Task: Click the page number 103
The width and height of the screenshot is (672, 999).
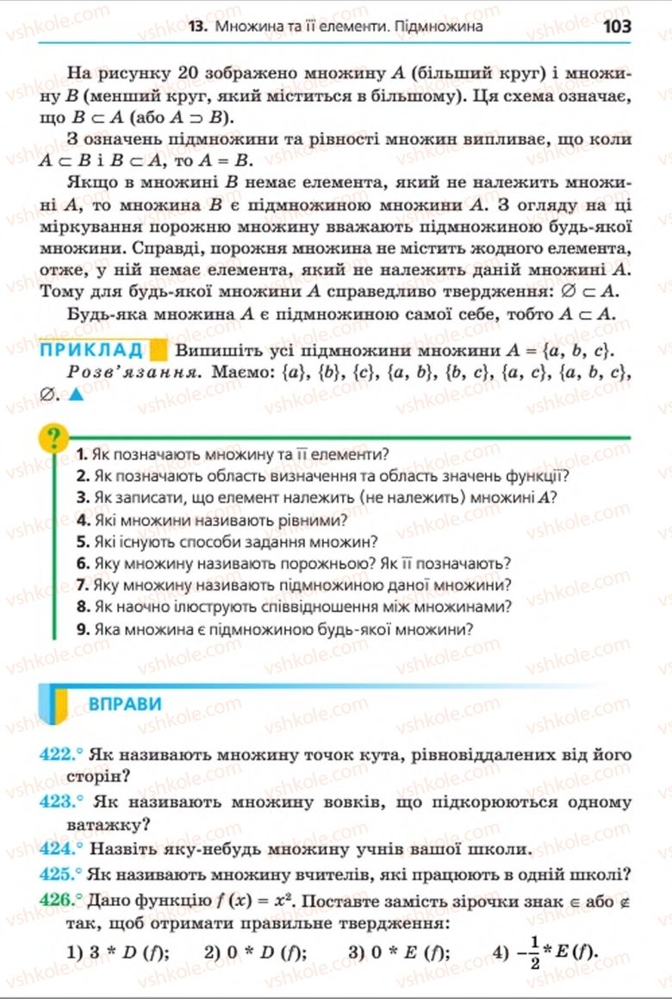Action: pos(617,26)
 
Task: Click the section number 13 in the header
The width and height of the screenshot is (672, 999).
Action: pos(196,27)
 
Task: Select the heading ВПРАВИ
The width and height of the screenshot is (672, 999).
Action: pos(125,703)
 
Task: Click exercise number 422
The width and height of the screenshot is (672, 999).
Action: pos(58,755)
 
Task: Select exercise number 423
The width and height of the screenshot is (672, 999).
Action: pos(58,801)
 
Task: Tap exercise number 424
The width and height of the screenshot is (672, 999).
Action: pos(58,847)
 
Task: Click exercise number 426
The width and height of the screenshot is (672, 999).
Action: pos(58,899)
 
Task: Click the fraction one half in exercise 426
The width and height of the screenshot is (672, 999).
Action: pos(534,952)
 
